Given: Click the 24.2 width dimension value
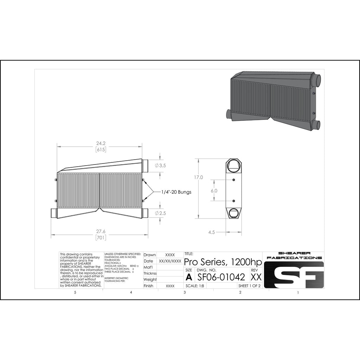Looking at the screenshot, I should (101, 143).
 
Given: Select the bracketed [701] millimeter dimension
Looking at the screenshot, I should (101, 238).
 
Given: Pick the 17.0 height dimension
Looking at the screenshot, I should (199, 177).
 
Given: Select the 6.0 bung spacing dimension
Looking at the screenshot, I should (214, 191).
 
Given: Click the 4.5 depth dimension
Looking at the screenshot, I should (212, 232).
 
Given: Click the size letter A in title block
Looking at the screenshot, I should (189, 277).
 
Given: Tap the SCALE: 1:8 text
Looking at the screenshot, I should (195, 286).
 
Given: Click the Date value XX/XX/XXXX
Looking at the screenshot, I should (170, 261).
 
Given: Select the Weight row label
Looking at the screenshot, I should (150, 279).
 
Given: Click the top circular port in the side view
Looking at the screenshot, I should (234, 165).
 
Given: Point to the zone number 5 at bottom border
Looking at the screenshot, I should (75, 292).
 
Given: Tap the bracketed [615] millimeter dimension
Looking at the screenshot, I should (101, 149).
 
